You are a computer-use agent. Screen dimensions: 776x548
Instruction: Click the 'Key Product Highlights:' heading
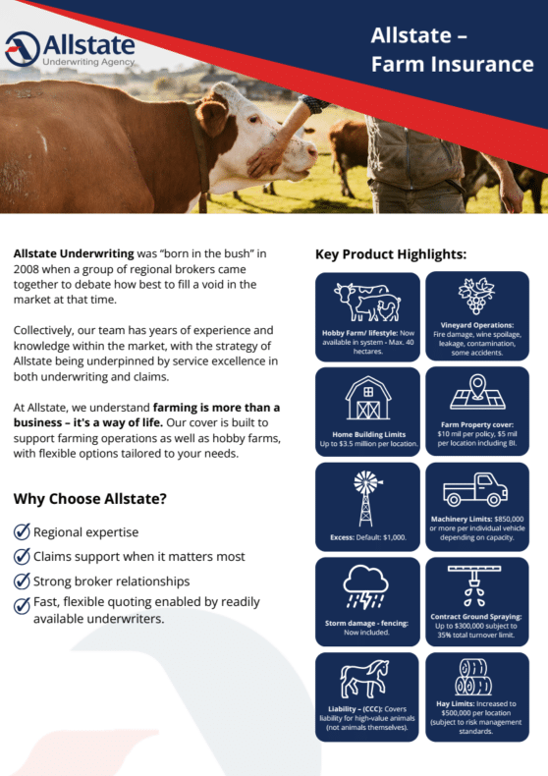[390, 254]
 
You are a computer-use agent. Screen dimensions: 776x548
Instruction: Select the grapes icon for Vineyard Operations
[477, 295]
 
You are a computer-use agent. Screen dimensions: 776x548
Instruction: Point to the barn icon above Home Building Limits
[368, 399]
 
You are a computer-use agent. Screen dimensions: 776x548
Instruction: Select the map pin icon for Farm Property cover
[477, 392]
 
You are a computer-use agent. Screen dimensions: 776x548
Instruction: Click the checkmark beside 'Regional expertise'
[22, 532]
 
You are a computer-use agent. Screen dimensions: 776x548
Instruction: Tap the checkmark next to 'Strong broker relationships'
[22, 581]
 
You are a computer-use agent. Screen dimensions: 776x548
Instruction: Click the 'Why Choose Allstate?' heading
[89, 499]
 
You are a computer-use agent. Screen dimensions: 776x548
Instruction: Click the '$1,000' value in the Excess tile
[393, 538]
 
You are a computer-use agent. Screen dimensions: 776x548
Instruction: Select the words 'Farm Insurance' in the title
[452, 65]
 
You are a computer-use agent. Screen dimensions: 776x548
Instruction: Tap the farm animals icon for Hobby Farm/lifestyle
[368, 300]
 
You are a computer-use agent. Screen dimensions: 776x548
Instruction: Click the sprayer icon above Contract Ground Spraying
[477, 583]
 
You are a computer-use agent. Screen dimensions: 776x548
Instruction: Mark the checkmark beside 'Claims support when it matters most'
[22, 557]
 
